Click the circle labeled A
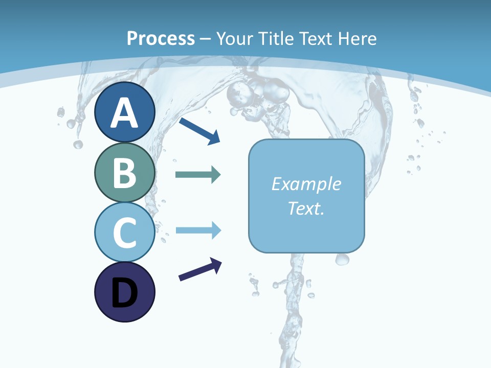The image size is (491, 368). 124,112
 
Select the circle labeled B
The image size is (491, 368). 124,172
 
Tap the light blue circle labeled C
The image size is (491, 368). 124,233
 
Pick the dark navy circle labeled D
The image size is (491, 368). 124,292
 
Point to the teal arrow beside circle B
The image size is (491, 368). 198,175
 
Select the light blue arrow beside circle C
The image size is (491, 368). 198,231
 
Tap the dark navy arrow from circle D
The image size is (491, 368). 200,269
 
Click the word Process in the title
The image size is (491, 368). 161,38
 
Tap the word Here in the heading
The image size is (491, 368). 358,38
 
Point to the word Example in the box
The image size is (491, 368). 306,184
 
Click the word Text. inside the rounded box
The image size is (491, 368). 306,209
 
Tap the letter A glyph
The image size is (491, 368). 124,113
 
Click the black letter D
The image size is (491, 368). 124,293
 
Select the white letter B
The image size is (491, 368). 124,173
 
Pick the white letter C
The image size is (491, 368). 124,233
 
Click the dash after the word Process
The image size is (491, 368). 205,39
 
